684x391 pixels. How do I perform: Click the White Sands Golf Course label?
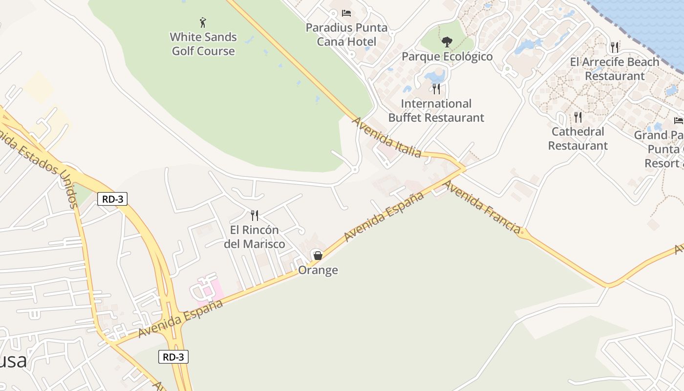(x=203, y=44)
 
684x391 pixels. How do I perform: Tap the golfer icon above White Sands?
(x=203, y=22)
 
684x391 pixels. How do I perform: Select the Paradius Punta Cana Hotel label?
(x=346, y=35)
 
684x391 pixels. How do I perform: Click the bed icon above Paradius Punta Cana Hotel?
(x=346, y=13)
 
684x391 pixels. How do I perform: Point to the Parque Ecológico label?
(x=447, y=57)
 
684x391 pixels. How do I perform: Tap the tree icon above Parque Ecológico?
(x=447, y=42)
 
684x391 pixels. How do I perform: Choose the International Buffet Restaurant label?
(x=436, y=110)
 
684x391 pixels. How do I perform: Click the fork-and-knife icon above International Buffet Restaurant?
(x=436, y=89)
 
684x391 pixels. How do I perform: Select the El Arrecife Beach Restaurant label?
(x=615, y=69)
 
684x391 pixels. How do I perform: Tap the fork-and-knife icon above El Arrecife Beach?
(x=615, y=47)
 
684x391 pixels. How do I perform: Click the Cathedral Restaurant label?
(x=578, y=139)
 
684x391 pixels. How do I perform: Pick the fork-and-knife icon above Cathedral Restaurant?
(x=578, y=117)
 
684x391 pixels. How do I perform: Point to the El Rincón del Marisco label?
(x=255, y=237)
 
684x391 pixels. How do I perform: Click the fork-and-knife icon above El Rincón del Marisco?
(x=255, y=216)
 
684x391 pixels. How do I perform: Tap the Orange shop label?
(x=318, y=270)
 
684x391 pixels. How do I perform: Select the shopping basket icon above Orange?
(x=318, y=255)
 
